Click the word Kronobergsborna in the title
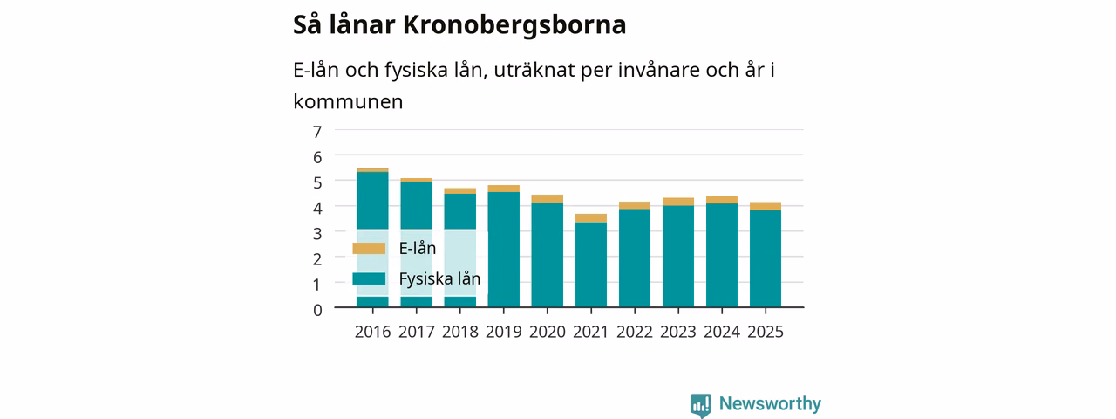pos(514,25)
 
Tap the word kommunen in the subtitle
pos(348,102)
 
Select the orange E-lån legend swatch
pos(369,249)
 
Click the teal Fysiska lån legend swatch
pos(369,278)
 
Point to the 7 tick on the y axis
pos(317,132)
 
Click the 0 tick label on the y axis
pos(317,310)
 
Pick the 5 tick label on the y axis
pos(317,182)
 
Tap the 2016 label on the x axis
pos(372,332)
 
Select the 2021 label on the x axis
pos(591,332)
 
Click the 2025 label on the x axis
pos(766,332)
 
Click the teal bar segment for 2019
pos(504,250)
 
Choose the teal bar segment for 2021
pos(591,264)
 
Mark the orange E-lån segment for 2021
pos(591,218)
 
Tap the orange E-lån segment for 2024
pos(722,200)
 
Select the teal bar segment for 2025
pos(766,258)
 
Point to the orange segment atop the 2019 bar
pos(504,189)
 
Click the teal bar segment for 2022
pos(635,258)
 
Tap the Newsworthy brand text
pos(770,403)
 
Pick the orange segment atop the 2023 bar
pos(678,202)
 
